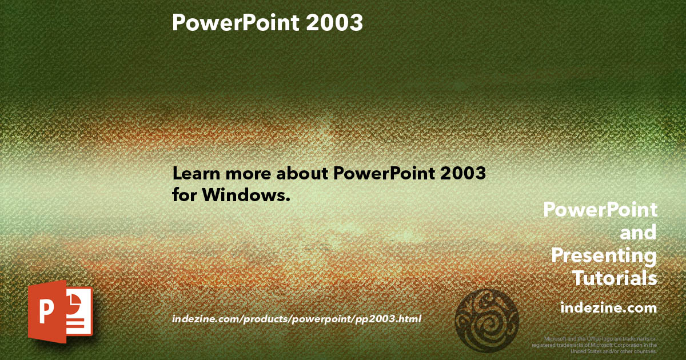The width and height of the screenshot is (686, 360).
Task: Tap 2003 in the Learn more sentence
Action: pos(463,174)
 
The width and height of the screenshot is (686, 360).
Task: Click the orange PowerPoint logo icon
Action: pos(60,311)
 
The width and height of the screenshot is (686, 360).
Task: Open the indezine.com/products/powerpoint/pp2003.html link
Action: pos(297,319)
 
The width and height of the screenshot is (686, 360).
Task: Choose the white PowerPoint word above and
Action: pos(600,210)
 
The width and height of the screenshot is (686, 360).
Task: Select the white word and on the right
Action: pos(638,233)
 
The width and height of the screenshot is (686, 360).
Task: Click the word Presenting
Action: pos(604,255)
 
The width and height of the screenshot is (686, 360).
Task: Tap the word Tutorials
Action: pos(615,278)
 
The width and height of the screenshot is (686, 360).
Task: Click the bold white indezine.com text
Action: pos(608,308)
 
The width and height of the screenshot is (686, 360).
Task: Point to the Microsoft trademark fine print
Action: pos(594,345)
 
